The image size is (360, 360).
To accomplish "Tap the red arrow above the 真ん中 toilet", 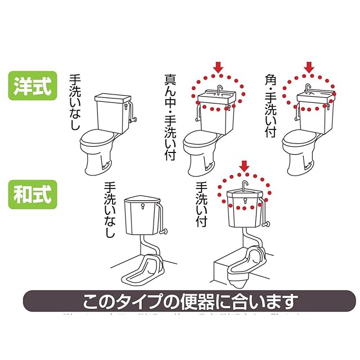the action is tap(219, 67).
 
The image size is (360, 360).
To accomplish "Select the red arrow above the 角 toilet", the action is tap(309, 67).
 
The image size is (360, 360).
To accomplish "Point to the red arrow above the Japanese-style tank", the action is tap(244, 166).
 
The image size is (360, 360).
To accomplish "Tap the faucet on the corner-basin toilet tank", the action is tap(309, 90).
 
